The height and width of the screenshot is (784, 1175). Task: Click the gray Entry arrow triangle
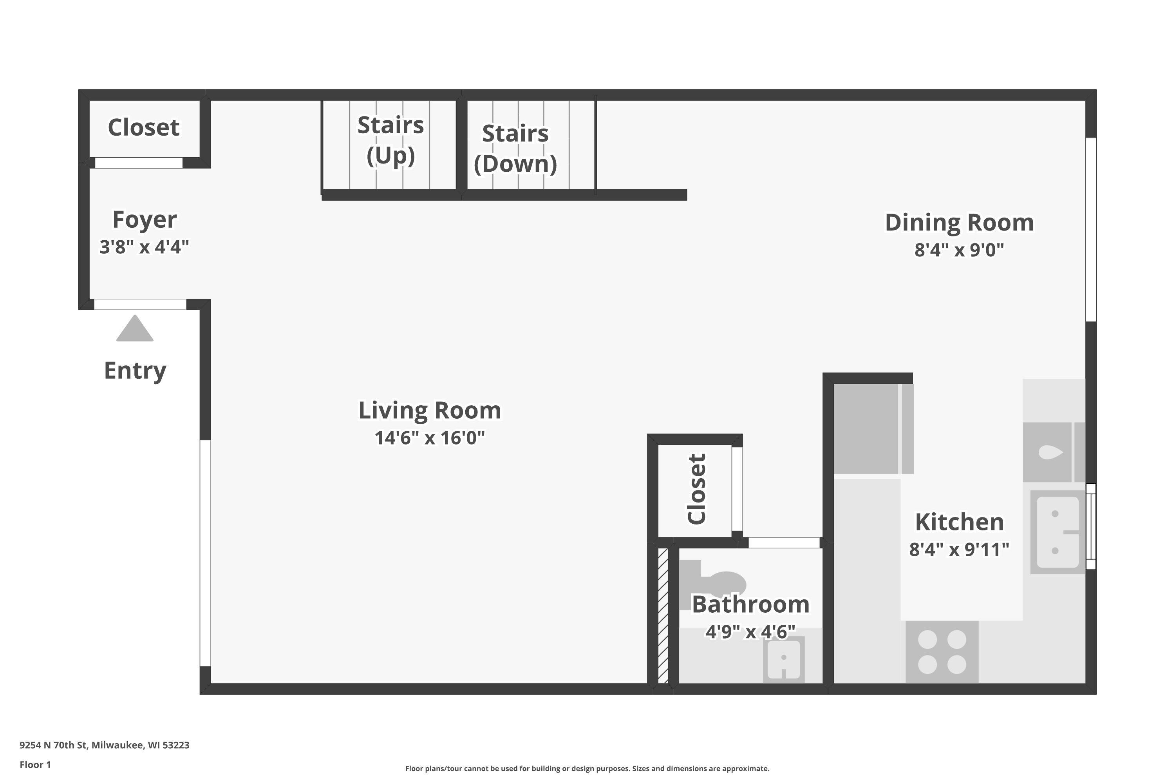135,328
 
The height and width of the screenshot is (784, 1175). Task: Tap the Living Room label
430,411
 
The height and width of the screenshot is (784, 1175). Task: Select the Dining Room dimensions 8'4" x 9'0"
959,249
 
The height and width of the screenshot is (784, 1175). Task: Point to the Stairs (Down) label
515,149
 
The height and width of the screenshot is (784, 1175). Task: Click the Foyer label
145,220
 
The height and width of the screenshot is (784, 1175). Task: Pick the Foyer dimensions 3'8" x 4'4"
145,247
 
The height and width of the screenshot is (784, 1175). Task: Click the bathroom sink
784,659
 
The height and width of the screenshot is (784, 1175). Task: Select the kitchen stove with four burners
942,652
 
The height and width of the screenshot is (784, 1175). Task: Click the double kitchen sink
1057,532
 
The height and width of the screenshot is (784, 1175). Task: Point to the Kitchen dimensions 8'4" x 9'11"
959,550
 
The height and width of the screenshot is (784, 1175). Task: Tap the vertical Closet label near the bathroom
696,489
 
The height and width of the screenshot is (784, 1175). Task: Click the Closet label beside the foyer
144,127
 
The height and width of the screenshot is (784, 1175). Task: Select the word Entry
135,371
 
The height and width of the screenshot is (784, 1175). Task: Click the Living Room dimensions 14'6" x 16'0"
430,438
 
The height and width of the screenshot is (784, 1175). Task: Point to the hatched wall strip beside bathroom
663,615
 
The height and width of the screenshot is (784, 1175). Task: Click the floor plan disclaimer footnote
587,768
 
